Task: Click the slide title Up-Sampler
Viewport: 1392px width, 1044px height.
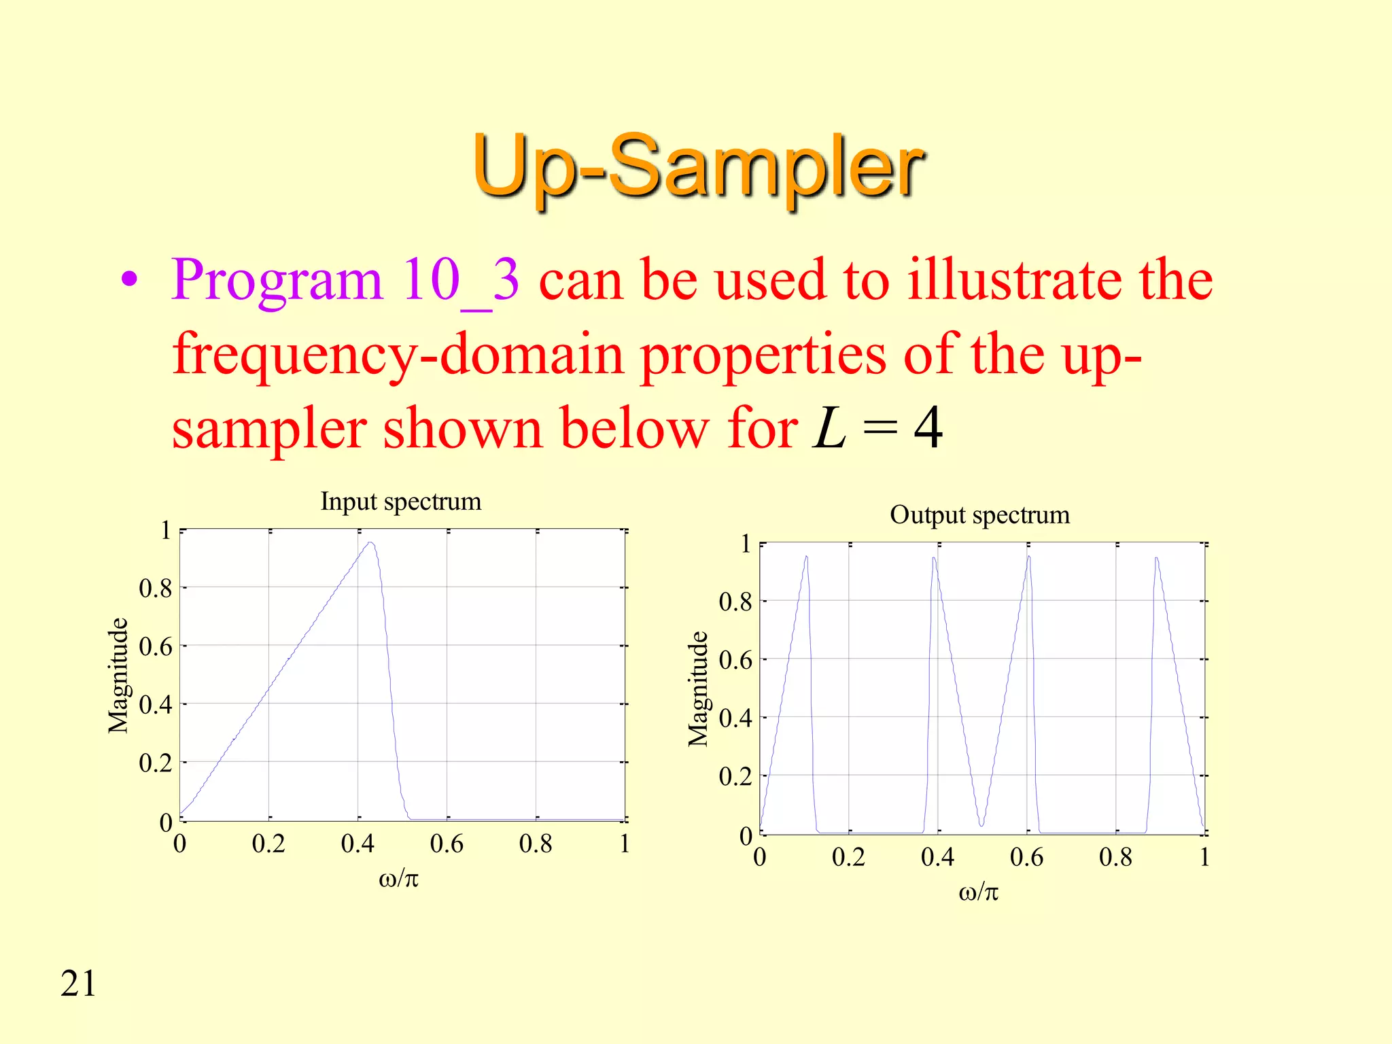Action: click(697, 167)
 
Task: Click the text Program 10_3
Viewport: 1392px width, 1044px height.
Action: click(345, 280)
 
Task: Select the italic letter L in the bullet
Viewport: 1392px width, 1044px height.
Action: click(829, 428)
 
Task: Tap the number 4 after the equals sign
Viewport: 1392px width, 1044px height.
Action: click(928, 428)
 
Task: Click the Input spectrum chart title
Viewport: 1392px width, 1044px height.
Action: click(401, 502)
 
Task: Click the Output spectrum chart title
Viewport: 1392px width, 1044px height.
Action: click(979, 515)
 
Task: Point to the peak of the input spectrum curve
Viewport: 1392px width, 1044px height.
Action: click(370, 542)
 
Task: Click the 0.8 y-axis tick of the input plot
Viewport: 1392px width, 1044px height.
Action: click(155, 589)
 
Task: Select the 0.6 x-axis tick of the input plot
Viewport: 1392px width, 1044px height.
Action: click(447, 844)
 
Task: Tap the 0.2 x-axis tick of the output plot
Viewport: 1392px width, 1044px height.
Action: click(848, 858)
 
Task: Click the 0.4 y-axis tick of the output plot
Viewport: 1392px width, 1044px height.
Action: click(735, 718)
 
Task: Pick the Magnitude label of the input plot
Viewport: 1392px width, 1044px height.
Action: click(118, 676)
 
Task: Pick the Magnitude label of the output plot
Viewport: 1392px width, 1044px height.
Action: click(698, 689)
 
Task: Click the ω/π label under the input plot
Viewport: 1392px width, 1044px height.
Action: click(399, 879)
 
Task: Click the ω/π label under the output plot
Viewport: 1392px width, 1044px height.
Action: click(979, 892)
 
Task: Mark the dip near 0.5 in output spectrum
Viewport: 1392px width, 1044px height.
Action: click(981, 824)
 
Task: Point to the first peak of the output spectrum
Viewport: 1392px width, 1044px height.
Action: click(806, 557)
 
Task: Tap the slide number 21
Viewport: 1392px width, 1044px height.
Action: click(78, 984)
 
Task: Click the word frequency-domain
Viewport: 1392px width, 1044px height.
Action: click(398, 355)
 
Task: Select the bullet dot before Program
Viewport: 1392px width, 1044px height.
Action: click(129, 280)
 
